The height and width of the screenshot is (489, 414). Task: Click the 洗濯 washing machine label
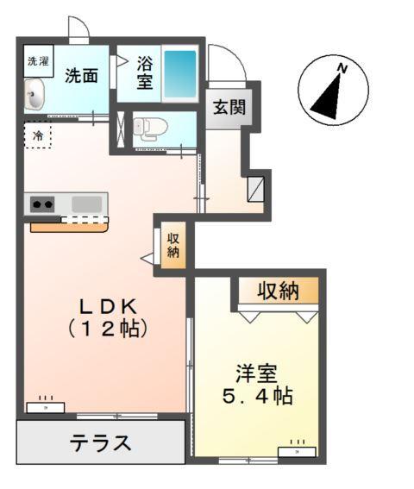click(x=38, y=61)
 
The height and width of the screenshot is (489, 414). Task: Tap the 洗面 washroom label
click(x=82, y=75)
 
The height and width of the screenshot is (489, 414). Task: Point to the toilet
click(x=147, y=129)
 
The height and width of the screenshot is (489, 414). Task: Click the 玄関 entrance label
click(x=229, y=108)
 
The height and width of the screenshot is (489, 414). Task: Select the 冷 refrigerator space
click(x=38, y=135)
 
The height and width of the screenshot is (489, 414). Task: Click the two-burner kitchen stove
click(x=43, y=204)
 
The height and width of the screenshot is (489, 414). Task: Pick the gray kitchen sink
click(x=86, y=204)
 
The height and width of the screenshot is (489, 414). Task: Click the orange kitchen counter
click(x=69, y=227)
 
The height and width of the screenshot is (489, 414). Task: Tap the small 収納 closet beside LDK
click(x=173, y=246)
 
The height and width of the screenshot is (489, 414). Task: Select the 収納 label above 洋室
click(x=278, y=292)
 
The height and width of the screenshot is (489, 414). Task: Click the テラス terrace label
click(x=101, y=443)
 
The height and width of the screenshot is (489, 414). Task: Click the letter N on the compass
click(x=342, y=67)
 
